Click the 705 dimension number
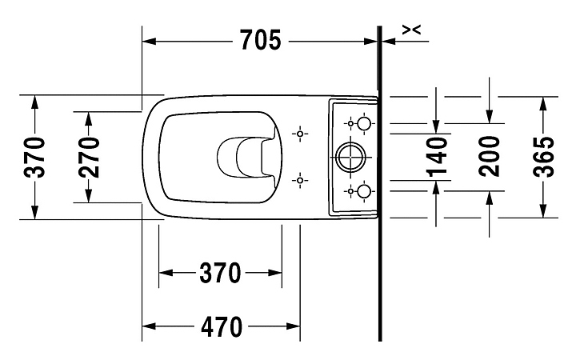tap(261, 40)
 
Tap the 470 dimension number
tap(222, 326)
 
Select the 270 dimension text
tap(89, 157)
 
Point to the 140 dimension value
tap(437, 157)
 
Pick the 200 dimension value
tap(489, 157)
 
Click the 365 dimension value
tap(543, 157)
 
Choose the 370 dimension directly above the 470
tap(220, 273)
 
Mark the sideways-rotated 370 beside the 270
tap(34, 157)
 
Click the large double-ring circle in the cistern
tap(351, 157)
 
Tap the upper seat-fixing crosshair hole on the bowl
tap(300, 134)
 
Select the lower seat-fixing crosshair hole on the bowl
tap(300, 180)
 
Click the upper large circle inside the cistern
tap(364, 123)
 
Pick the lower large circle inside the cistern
tap(364, 191)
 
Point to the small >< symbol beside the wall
tap(411, 30)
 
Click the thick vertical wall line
tap(380, 184)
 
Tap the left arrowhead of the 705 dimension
tap(149, 41)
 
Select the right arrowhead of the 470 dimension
tap(293, 326)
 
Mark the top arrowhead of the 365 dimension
tap(543, 104)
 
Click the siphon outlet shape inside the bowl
tap(246, 157)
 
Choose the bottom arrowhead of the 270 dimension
tap(89, 195)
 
